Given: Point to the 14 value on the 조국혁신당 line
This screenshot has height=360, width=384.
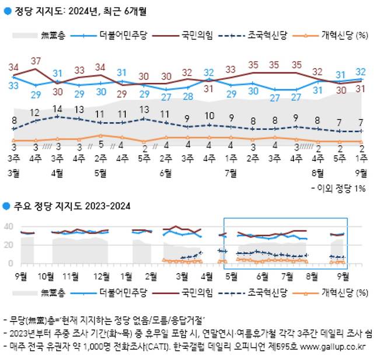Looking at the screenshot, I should click(x=57, y=109).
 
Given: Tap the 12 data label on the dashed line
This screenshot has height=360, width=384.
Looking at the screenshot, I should click(x=35, y=112).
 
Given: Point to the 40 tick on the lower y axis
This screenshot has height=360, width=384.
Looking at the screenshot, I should click(x=9, y=226).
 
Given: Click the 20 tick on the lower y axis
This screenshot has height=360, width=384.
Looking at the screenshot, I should click(x=9, y=245).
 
